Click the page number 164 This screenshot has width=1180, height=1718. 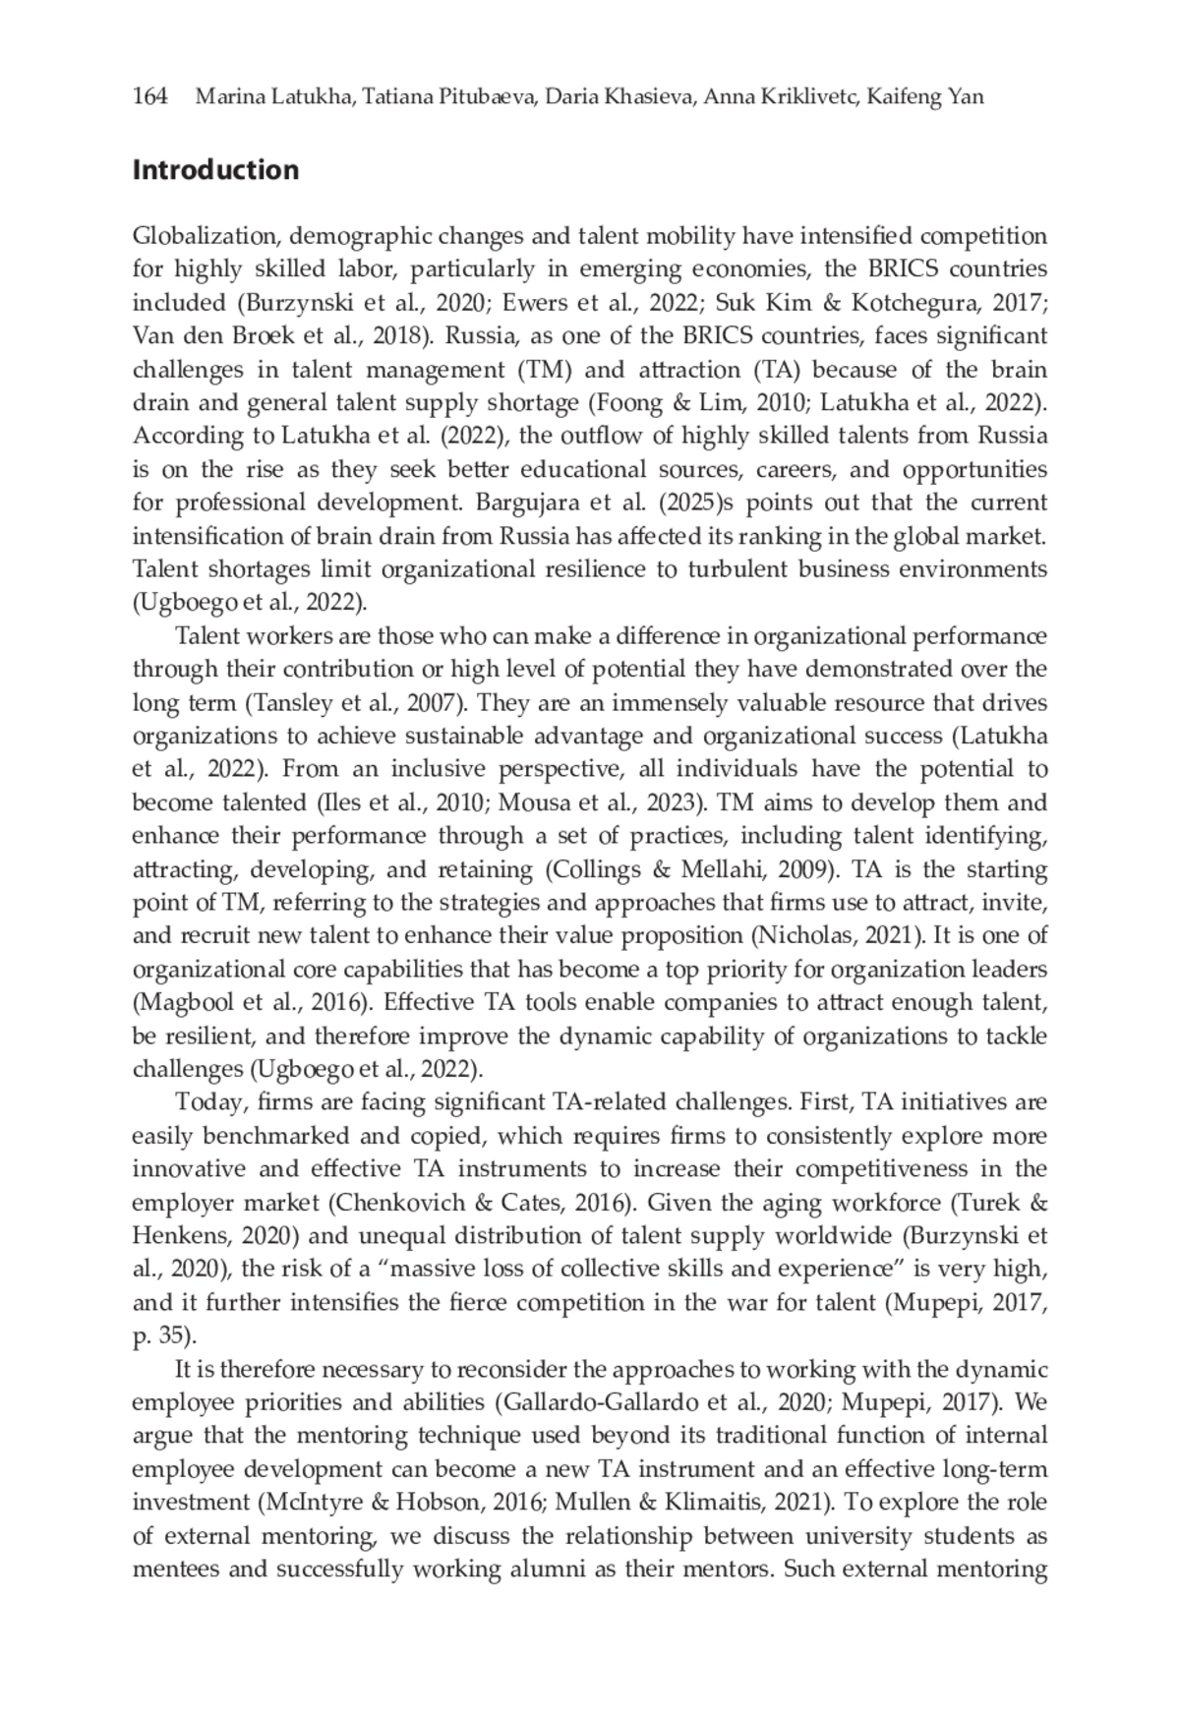point(150,96)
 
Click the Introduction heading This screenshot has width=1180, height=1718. point(215,170)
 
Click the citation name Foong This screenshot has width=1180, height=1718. point(615,402)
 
